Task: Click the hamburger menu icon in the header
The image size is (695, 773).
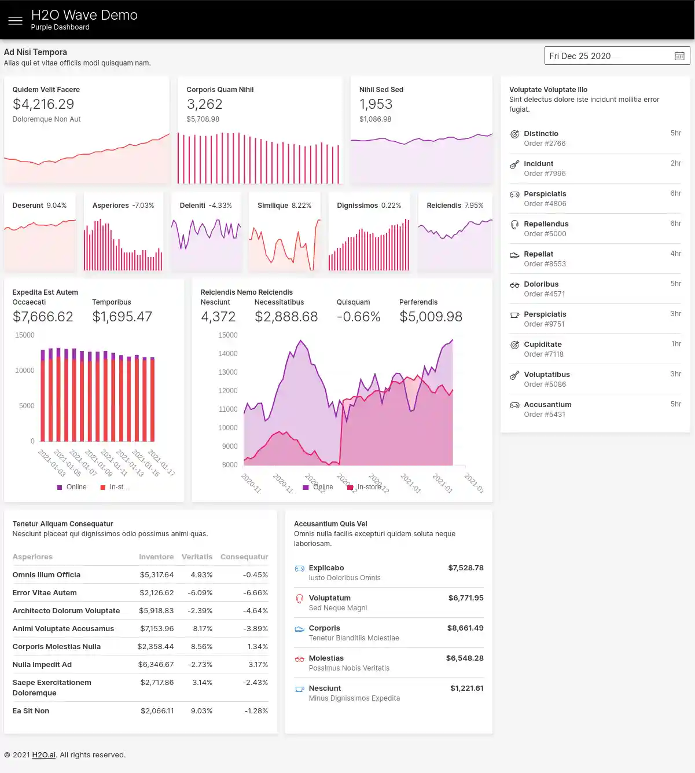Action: click(16, 21)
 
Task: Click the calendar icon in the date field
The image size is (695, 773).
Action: click(679, 56)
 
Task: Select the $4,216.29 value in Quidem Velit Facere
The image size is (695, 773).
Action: click(43, 104)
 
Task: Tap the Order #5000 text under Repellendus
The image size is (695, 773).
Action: click(545, 234)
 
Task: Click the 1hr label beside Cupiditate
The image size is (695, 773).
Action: click(676, 344)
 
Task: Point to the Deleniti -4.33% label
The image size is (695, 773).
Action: click(205, 206)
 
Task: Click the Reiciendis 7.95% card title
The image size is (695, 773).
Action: click(455, 206)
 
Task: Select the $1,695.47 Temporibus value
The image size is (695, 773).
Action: click(122, 317)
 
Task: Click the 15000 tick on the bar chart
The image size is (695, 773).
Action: click(25, 335)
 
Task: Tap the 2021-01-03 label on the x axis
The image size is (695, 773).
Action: click(52, 463)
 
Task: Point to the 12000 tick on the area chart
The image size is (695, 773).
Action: click(228, 391)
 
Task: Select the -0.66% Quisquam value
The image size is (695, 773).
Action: click(358, 317)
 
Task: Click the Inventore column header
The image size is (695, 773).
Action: click(156, 557)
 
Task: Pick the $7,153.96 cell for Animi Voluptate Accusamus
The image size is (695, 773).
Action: click(157, 629)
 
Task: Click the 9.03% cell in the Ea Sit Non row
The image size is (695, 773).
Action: click(201, 711)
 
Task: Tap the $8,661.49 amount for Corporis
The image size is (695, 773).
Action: click(465, 628)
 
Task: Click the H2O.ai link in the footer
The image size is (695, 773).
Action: click(44, 755)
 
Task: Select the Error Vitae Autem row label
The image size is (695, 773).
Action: click(45, 593)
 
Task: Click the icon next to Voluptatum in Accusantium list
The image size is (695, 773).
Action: click(299, 599)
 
